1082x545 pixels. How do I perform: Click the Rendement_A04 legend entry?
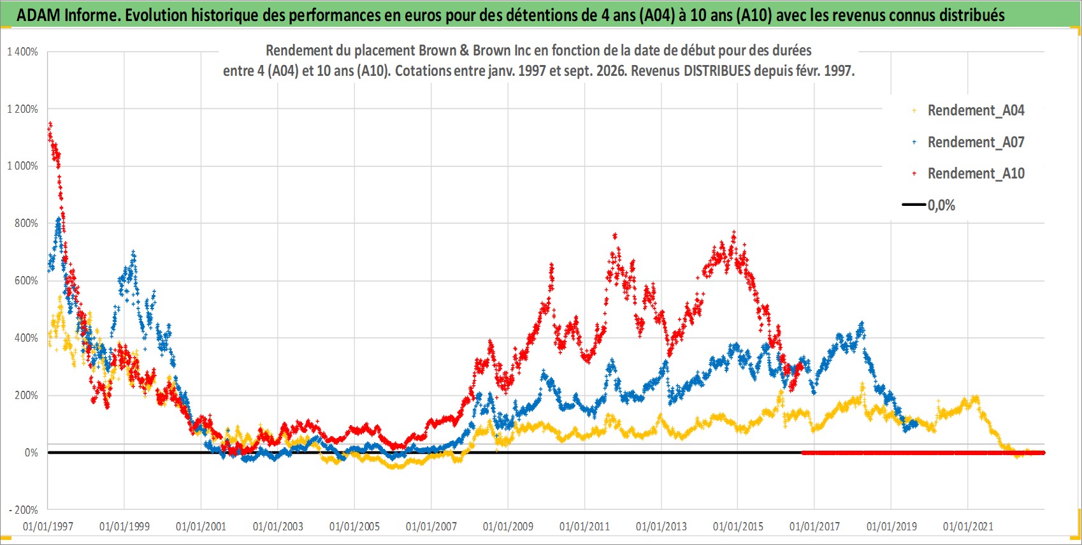tap(969, 111)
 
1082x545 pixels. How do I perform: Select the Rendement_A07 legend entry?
tap(969, 143)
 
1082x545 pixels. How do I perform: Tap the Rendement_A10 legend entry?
tap(969, 173)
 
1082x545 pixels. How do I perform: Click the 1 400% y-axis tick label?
tap(22, 52)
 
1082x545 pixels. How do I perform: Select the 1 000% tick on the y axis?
tap(22, 166)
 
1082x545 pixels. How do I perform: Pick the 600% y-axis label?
tap(26, 280)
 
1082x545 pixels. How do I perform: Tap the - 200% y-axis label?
tap(24, 510)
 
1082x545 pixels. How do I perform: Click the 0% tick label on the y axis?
tap(31, 453)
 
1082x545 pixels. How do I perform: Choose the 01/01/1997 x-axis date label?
tap(48, 526)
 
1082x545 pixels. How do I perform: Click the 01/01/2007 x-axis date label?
tap(431, 526)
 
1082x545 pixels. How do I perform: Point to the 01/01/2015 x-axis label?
tap(738, 526)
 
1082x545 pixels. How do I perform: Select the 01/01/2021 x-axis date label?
tap(968, 526)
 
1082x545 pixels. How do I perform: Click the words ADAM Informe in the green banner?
tap(68, 15)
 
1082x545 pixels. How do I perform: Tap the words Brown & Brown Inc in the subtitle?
tap(492, 50)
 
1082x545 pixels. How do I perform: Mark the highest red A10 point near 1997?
tap(50, 124)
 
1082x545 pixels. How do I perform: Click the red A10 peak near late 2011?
tap(614, 236)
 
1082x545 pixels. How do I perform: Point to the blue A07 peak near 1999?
tap(133, 252)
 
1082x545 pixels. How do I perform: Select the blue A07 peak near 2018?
tap(862, 324)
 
